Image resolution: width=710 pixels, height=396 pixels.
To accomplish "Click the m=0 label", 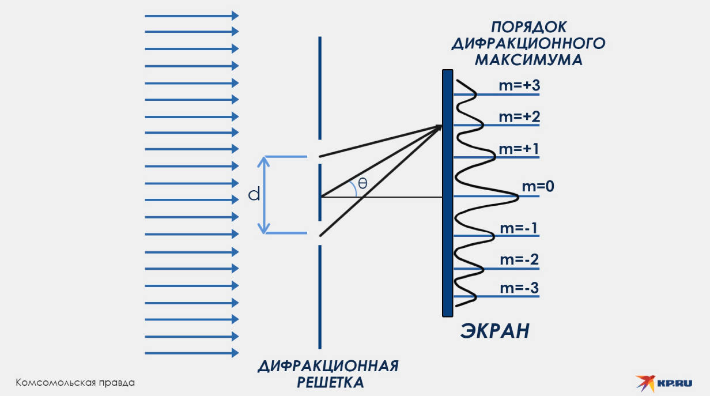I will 538,186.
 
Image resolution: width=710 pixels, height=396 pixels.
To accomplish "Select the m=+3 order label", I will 519,86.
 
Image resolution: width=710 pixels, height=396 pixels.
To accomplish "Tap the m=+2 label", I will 519,117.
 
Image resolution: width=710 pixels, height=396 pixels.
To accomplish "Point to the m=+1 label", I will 519,149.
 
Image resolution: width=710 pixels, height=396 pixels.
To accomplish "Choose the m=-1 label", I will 519,228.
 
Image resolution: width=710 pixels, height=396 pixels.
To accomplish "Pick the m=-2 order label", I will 519,259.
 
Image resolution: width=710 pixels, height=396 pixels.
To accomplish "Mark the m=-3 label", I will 519,288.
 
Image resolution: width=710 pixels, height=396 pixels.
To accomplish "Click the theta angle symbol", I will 362,183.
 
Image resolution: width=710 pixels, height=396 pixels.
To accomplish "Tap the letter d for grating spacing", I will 254,195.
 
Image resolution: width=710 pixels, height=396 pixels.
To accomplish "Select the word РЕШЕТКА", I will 330,382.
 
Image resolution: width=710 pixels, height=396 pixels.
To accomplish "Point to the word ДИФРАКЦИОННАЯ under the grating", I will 328,367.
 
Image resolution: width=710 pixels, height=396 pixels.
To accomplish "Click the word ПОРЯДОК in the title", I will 528,27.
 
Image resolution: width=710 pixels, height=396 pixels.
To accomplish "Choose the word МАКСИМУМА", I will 528,59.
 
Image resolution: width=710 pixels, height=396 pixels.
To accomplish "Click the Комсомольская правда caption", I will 75,383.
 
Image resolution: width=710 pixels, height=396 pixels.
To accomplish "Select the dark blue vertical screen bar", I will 447,193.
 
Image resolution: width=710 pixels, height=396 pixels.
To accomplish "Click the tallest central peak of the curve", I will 517,197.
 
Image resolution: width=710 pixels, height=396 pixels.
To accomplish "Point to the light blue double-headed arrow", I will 265,195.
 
